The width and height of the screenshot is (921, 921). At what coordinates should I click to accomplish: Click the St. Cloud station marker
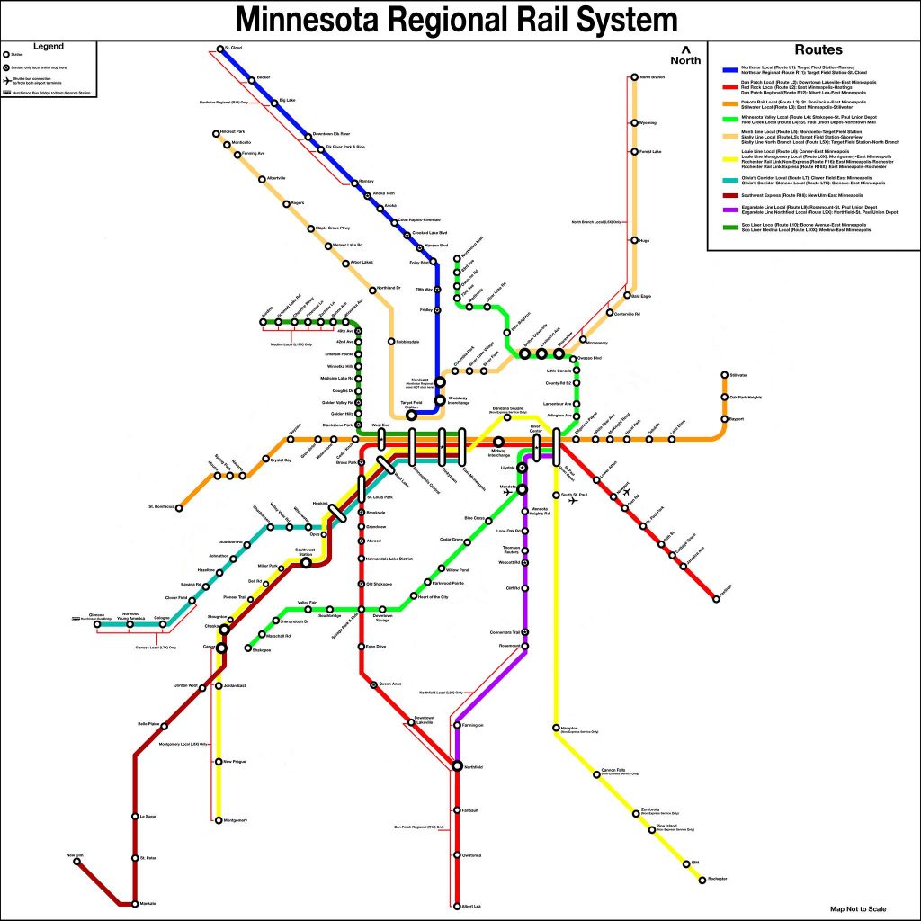[219, 49]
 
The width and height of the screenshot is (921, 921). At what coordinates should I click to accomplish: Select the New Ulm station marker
[76, 862]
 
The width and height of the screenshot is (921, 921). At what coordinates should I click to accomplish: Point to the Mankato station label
[148, 902]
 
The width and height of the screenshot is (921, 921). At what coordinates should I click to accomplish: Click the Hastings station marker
[716, 598]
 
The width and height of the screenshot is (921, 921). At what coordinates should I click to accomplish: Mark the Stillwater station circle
[724, 375]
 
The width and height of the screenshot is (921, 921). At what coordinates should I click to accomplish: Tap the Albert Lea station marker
[457, 906]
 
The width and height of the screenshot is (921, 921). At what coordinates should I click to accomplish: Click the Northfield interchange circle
[457, 765]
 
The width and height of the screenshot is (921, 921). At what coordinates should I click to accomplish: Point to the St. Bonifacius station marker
[179, 507]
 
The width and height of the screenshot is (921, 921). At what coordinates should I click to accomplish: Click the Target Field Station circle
[412, 416]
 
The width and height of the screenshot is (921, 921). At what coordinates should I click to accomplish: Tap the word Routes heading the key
[818, 50]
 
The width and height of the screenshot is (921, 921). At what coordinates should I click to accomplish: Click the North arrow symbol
[686, 49]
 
